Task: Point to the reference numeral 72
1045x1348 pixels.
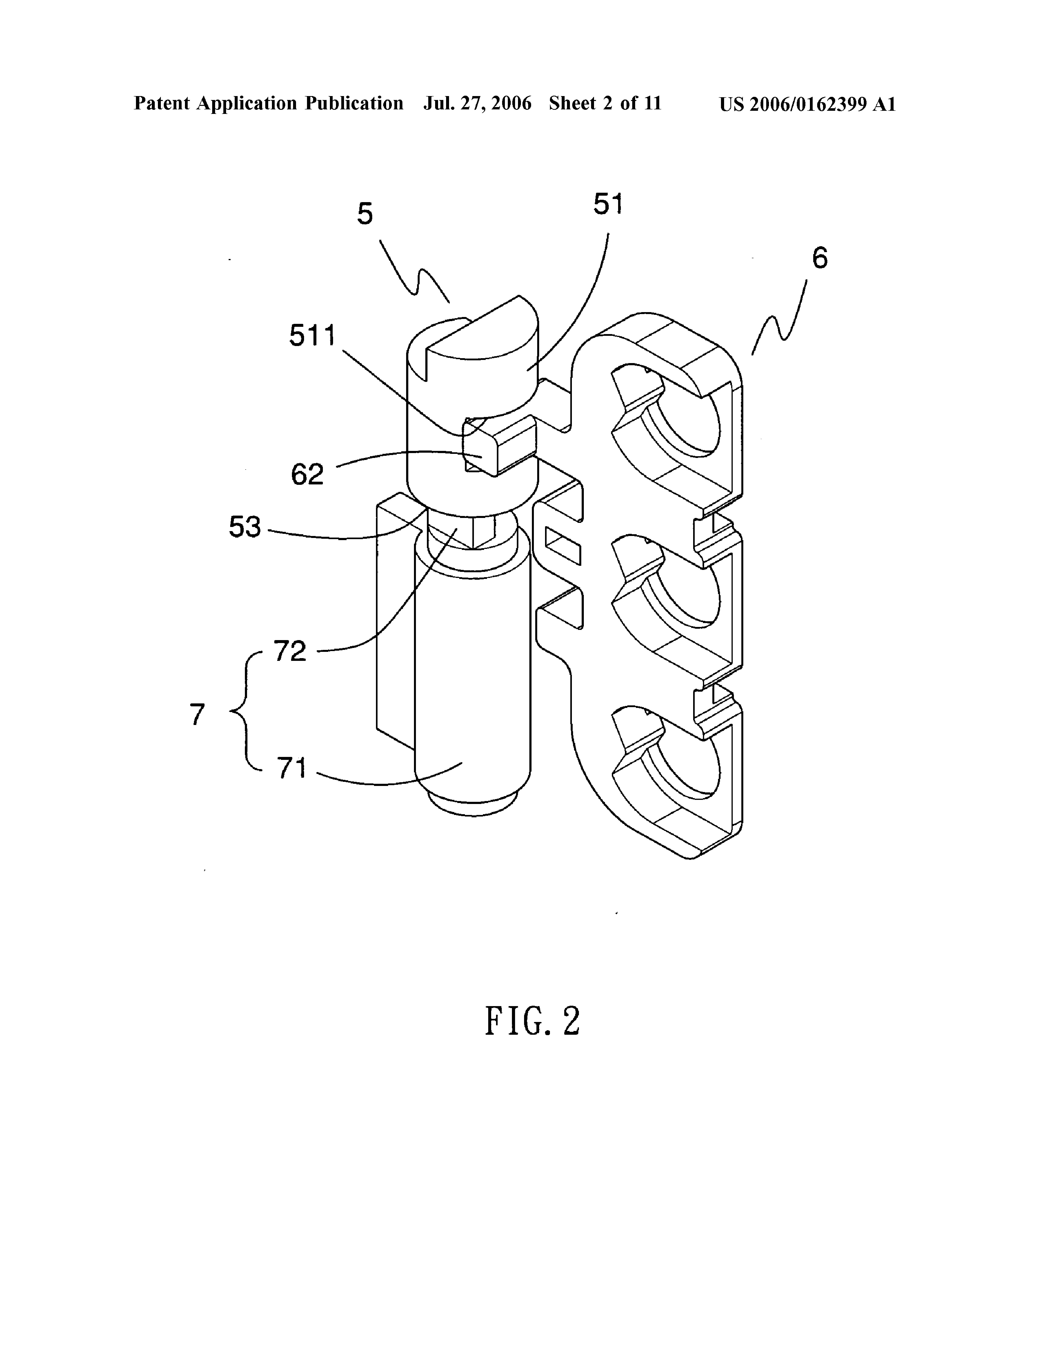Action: (290, 650)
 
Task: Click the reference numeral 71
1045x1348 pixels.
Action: (292, 768)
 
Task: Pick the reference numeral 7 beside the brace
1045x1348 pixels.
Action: (197, 714)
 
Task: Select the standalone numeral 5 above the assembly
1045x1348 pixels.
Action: (365, 214)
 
